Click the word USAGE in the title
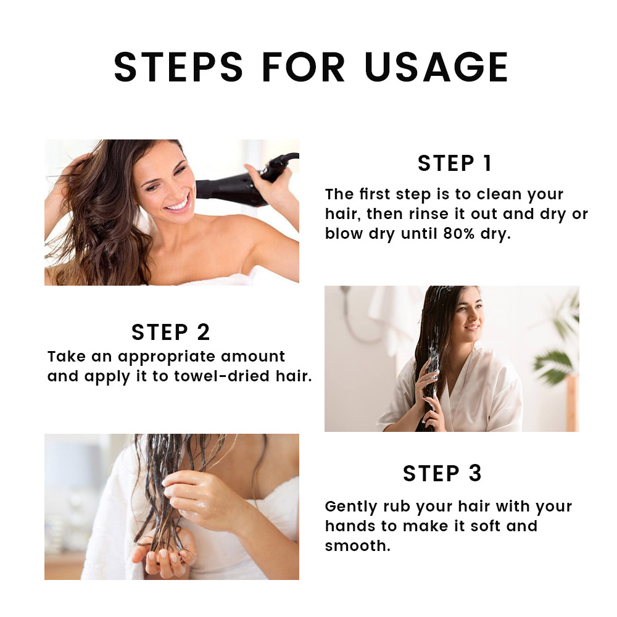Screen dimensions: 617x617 pyautogui.click(x=436, y=67)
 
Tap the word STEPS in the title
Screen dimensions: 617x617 pyautogui.click(x=178, y=67)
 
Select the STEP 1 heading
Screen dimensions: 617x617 pyautogui.click(x=455, y=164)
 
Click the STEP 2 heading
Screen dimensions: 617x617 pyautogui.click(x=171, y=332)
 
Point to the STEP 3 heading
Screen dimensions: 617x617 pyautogui.click(x=442, y=473)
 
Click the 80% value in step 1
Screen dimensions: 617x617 pyautogui.click(x=459, y=233)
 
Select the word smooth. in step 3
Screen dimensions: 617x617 pyautogui.click(x=357, y=546)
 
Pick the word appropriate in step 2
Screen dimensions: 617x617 pyautogui.click(x=166, y=357)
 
